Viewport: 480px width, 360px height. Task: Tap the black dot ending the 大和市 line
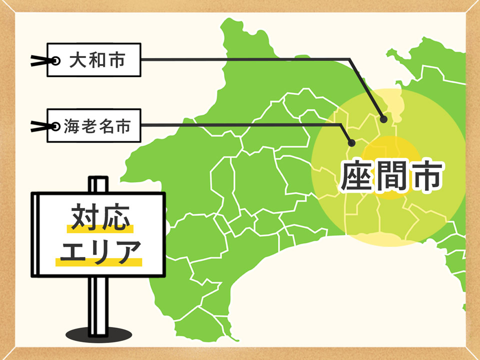coord(383,119)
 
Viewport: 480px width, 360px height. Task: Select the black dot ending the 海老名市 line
coord(351,142)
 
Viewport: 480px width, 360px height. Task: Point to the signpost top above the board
coord(98,184)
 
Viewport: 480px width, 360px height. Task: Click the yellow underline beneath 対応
coord(100,230)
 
